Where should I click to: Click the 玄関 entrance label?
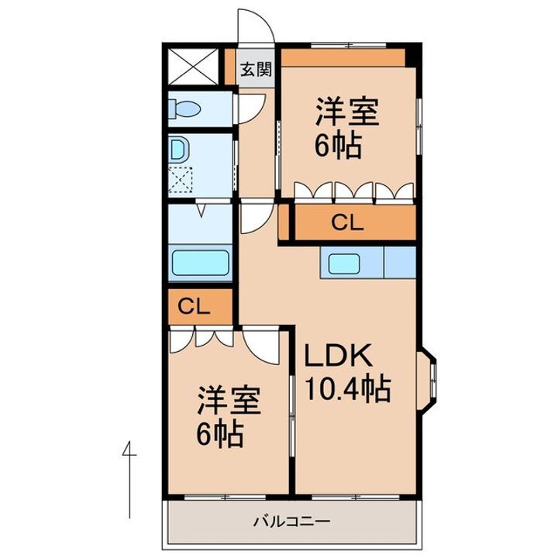[255, 70]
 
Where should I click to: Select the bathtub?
[200, 263]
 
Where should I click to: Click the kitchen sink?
[343, 263]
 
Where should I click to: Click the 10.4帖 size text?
[346, 388]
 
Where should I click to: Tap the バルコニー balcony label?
[291, 521]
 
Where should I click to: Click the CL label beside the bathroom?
[194, 306]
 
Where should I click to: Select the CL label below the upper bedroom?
[347, 223]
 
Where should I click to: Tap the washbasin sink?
[178, 149]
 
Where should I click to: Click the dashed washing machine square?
[183, 181]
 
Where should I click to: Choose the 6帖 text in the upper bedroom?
[338, 146]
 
